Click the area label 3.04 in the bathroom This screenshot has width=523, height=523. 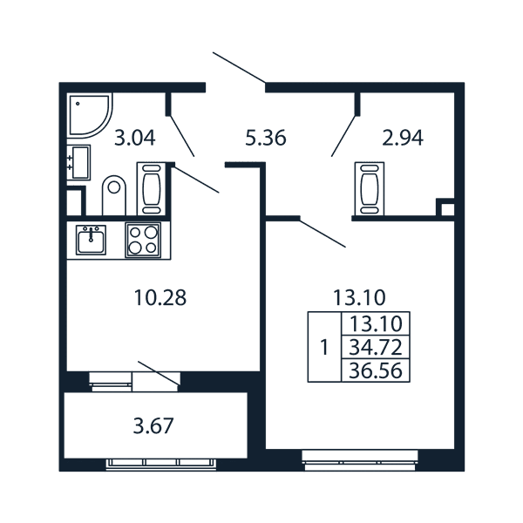(135, 138)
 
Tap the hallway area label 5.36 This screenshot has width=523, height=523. (266, 138)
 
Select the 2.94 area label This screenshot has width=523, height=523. (403, 138)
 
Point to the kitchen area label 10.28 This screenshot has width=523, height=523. (160, 297)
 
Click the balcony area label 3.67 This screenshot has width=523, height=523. (153, 426)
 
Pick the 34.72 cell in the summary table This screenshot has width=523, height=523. (376, 347)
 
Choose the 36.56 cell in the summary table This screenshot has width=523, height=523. (376, 370)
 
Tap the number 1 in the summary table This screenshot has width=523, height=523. (324, 348)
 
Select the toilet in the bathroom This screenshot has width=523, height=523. (114, 195)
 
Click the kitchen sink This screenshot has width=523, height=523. (91, 240)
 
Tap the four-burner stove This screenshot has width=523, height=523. (143, 241)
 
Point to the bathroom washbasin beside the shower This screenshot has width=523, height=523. (78, 162)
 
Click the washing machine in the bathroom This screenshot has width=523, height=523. (151, 189)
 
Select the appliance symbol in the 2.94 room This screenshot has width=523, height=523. (370, 189)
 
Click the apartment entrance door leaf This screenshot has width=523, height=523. (239, 67)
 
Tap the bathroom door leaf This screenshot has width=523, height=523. (182, 136)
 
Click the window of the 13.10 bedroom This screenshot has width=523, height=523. (360, 460)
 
